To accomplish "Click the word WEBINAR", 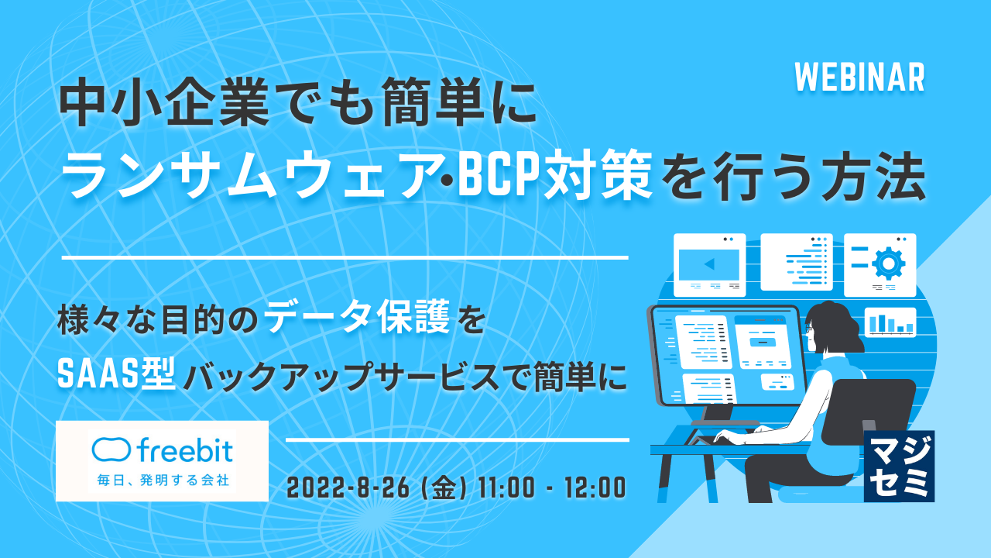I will point(859,77).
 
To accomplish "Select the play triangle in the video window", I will point(708,265).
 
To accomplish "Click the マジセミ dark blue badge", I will point(899,466).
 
